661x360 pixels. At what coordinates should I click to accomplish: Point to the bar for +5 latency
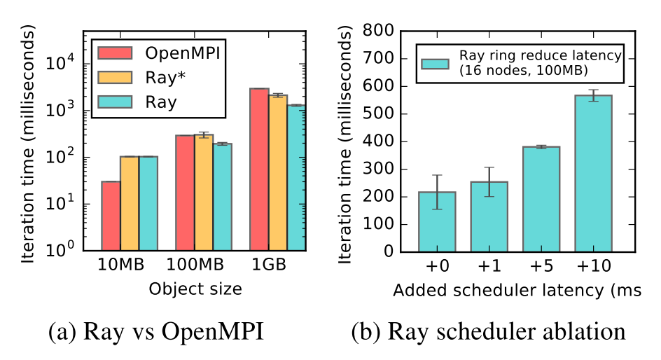(x=541, y=199)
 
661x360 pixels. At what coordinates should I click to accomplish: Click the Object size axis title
(x=194, y=290)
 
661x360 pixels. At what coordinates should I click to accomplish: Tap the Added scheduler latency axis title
(x=517, y=290)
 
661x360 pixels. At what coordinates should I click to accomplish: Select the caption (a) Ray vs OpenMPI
(x=156, y=331)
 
